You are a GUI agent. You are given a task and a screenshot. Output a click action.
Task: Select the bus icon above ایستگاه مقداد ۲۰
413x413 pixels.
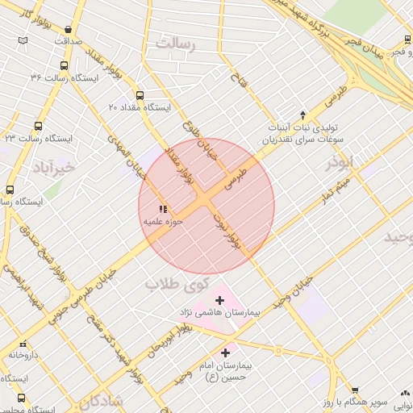(140, 94)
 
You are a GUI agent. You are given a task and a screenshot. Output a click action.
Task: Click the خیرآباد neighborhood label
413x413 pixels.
(54, 167)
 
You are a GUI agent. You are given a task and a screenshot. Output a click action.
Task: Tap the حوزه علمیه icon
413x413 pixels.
(164, 209)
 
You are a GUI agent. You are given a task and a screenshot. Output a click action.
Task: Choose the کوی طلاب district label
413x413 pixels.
(177, 283)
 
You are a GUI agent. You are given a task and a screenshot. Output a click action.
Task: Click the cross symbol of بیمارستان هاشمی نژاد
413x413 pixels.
(219, 300)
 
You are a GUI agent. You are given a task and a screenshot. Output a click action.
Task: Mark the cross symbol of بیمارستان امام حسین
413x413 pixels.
(225, 353)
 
